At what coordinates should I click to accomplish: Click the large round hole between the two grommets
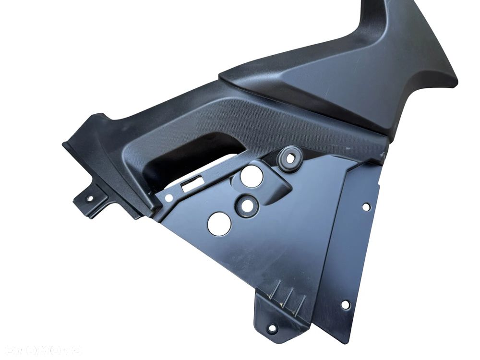click(252, 176)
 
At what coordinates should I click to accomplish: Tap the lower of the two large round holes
click(219, 223)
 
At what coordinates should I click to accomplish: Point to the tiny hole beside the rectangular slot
click(168, 197)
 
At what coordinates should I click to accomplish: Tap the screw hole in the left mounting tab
click(90, 198)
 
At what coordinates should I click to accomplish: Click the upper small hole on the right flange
click(366, 207)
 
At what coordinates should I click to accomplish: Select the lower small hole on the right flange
click(345, 304)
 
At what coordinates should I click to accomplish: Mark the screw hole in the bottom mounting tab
click(272, 329)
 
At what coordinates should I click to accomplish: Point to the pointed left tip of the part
click(64, 144)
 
